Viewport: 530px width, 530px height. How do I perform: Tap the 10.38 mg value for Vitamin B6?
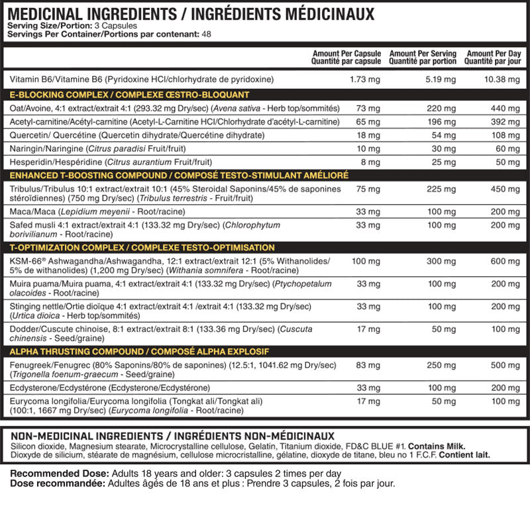click(504, 79)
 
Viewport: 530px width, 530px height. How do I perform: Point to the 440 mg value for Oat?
click(507, 108)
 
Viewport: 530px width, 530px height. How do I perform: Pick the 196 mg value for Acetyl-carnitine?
click(446, 122)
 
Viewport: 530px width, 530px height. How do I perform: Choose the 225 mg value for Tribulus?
click(446, 188)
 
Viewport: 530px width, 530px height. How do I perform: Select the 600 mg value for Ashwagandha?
click(507, 261)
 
